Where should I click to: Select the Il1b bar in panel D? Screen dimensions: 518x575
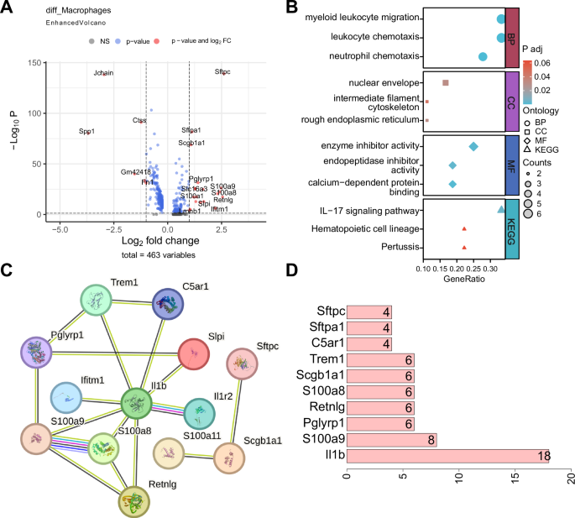click(x=447, y=457)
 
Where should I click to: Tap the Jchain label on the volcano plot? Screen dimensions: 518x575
click(x=103, y=73)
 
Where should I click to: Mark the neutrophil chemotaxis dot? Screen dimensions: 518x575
click(x=483, y=56)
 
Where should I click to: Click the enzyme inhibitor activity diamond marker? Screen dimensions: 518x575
click(x=473, y=147)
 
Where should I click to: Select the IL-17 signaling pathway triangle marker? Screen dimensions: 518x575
click(x=501, y=210)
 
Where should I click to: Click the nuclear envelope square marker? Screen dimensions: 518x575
click(x=446, y=82)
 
